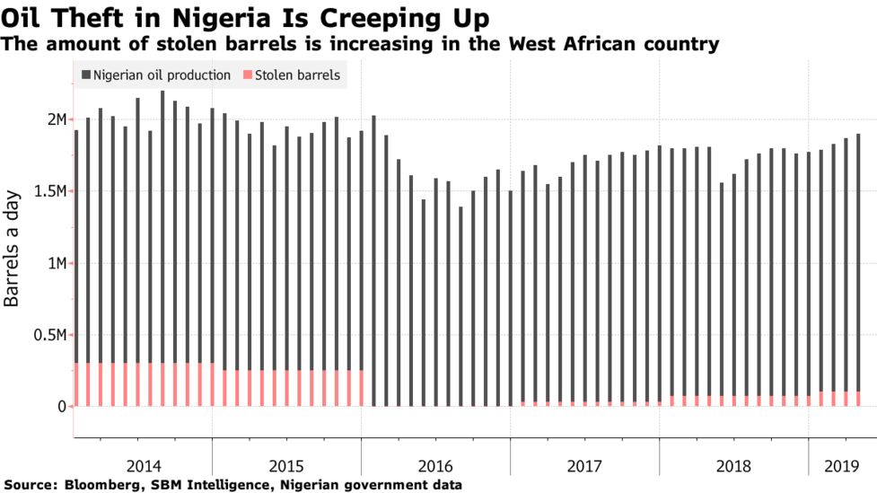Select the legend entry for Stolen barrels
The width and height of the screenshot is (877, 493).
(x=297, y=75)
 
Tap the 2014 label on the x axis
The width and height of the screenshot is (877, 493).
(x=144, y=466)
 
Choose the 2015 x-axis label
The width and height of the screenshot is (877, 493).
(x=287, y=466)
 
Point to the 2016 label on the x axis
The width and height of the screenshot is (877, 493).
(x=436, y=466)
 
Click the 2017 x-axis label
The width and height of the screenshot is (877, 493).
(x=585, y=466)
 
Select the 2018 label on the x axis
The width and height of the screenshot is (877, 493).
(x=734, y=466)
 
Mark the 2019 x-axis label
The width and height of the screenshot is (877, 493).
(x=841, y=466)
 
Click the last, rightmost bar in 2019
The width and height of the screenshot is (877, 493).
(x=858, y=269)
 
